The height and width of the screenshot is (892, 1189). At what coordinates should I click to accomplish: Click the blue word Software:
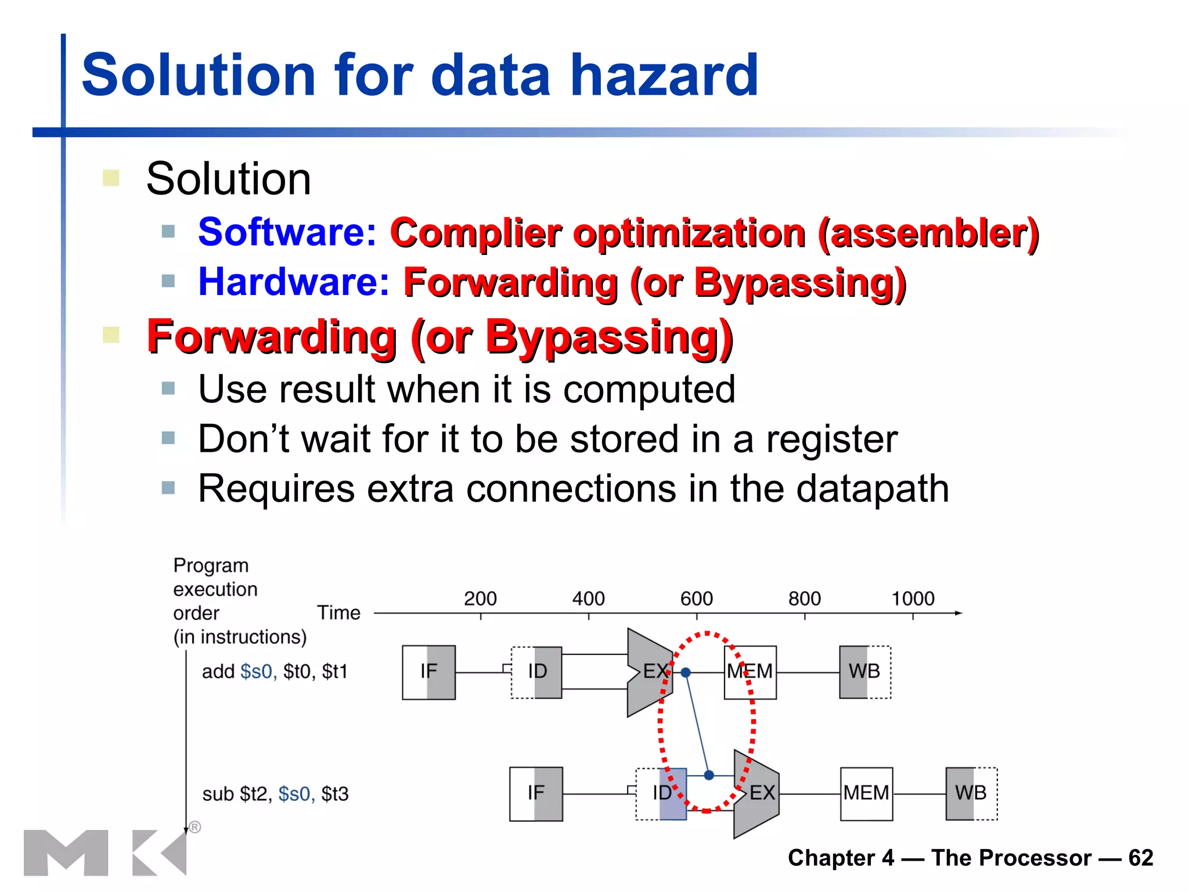[287, 232]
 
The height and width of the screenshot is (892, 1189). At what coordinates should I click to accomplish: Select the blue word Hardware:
[294, 282]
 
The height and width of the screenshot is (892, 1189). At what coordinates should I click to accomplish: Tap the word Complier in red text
[475, 233]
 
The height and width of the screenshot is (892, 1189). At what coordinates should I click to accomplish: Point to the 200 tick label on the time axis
[480, 599]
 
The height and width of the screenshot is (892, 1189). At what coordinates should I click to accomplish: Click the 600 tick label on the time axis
[696, 599]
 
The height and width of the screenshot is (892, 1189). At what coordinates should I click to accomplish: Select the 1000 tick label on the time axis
[913, 599]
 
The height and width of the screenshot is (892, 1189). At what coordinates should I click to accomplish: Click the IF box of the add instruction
[428, 672]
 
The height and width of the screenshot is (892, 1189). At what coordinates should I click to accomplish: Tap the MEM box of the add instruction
[750, 672]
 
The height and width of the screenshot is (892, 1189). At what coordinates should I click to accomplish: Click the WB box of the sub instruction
[971, 793]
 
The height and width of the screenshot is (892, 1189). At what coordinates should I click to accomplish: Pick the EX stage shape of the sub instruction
[758, 793]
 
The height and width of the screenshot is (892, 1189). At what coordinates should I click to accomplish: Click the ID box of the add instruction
[537, 672]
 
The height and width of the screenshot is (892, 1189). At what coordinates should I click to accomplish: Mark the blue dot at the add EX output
[686, 672]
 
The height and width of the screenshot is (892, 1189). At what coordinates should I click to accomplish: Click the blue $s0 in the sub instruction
[296, 794]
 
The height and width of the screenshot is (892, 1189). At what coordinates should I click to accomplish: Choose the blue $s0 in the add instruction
[258, 672]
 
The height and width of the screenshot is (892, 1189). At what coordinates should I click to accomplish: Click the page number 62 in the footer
[1140, 858]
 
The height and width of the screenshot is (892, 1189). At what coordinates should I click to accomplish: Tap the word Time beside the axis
[338, 613]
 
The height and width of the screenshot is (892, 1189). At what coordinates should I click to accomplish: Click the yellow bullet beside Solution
[111, 178]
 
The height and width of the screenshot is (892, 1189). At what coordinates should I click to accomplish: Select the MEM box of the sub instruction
[866, 793]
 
